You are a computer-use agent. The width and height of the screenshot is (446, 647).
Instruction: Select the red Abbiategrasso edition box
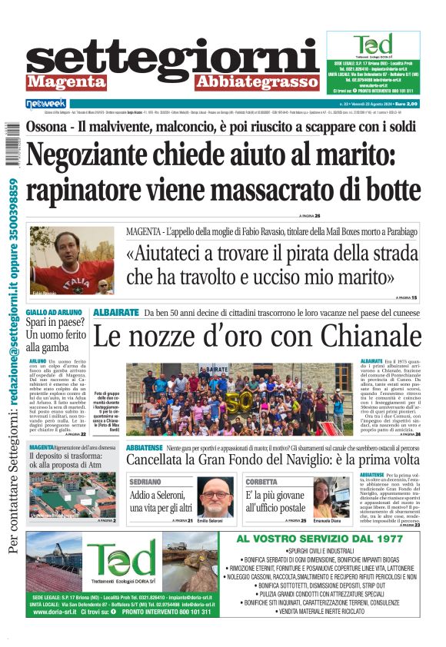(256, 81)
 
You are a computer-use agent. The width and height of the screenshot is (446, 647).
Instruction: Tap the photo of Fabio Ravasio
(72, 260)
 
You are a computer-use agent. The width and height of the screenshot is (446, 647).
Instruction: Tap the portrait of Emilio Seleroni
(215, 498)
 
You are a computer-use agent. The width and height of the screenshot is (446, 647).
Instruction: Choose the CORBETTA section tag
(261, 481)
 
